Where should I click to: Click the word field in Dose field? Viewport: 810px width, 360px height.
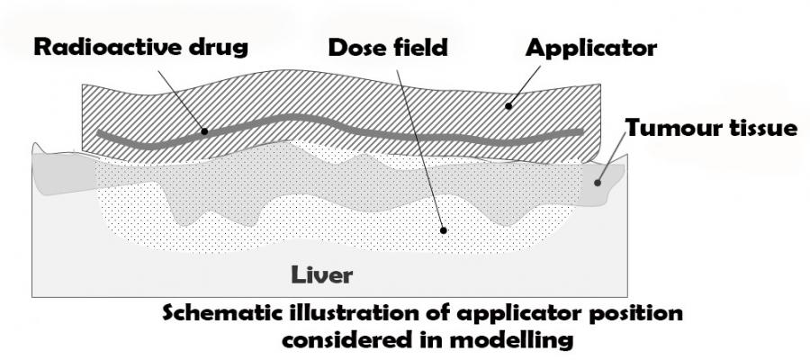(x=421, y=48)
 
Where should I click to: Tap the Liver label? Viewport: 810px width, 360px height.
(x=322, y=274)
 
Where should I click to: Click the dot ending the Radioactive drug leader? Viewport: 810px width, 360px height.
(x=204, y=131)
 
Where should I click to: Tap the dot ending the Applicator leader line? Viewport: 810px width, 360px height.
(x=508, y=106)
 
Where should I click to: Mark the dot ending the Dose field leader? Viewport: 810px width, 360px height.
(x=443, y=230)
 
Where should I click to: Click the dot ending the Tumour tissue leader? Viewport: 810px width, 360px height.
(x=598, y=183)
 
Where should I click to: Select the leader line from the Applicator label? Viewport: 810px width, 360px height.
(x=524, y=85)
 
